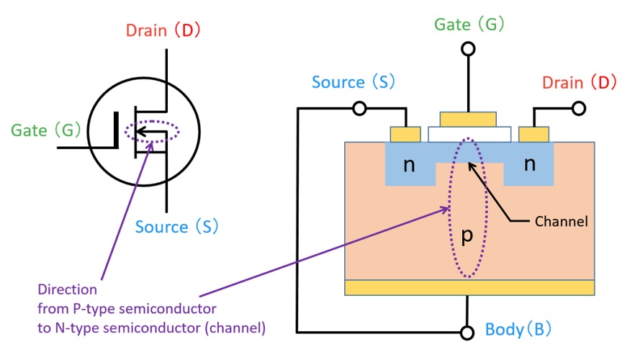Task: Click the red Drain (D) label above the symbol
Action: [163, 31]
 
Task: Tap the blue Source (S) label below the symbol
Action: [176, 227]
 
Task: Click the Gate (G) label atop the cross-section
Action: [469, 24]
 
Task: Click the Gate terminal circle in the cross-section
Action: [469, 49]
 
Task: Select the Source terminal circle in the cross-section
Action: [359, 109]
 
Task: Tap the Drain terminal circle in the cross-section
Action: [578, 109]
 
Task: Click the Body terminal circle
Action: [469, 332]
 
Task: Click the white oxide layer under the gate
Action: [469, 134]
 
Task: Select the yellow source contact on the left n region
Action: [405, 134]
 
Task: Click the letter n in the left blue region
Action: [409, 165]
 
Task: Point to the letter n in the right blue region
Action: [530, 165]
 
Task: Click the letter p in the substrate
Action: [467, 237]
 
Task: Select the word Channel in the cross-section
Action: [561, 221]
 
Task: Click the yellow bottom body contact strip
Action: [469, 288]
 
